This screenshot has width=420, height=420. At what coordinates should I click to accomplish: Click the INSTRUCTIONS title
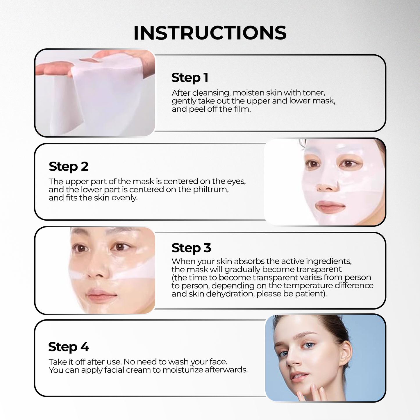click(210, 33)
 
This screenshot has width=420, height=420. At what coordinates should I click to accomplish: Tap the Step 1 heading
click(190, 78)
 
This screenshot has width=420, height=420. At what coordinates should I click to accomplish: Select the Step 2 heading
click(69, 167)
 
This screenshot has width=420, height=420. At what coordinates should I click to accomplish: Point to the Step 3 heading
click(191, 248)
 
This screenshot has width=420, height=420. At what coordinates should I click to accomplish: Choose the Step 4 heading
click(69, 347)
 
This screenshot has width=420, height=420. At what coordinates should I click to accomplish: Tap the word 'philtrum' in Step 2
click(211, 190)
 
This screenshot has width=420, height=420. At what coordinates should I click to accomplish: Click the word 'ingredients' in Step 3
click(329, 261)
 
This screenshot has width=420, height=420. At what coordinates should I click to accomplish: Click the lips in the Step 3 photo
click(101, 294)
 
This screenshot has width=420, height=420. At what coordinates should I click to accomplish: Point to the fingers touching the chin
click(310, 394)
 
